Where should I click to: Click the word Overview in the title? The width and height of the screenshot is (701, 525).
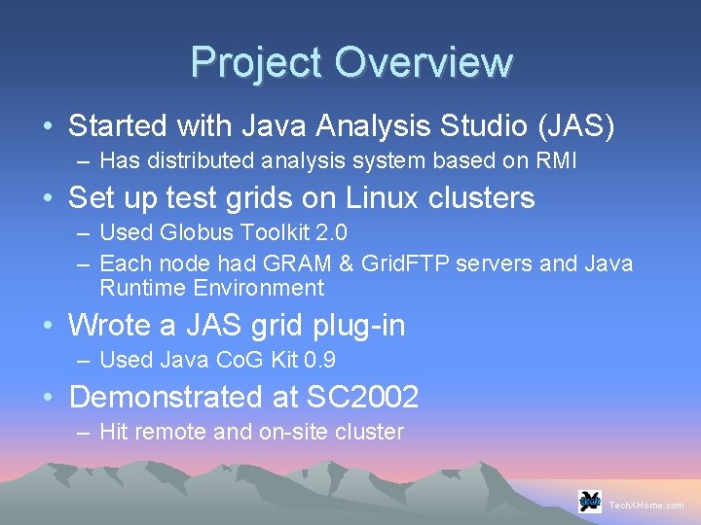[x=423, y=62]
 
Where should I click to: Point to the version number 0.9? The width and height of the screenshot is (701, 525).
[x=318, y=360]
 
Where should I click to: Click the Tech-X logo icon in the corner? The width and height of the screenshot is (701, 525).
[x=589, y=501]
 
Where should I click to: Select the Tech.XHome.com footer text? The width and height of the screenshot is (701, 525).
[x=646, y=506]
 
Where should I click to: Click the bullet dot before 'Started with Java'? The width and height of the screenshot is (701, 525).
[x=47, y=127]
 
